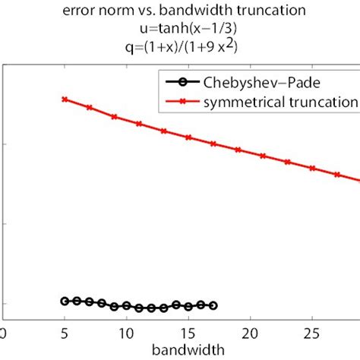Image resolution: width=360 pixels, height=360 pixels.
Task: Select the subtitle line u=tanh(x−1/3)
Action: click(x=180, y=28)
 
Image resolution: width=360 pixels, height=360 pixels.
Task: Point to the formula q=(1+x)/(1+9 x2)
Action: click(x=180, y=46)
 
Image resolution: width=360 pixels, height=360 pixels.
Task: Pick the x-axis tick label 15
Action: click(x=188, y=332)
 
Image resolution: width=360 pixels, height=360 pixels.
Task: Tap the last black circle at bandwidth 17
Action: click(x=213, y=305)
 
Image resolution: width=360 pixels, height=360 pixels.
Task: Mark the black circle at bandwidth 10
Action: click(x=126, y=305)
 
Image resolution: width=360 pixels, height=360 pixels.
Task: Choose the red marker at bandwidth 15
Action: click(x=188, y=137)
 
